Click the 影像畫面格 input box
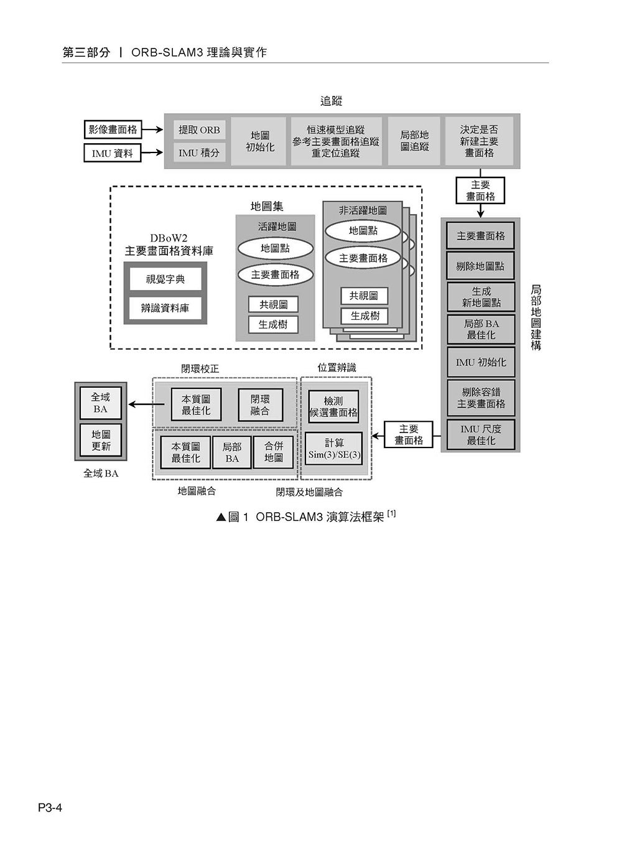113,129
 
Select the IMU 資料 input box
113,153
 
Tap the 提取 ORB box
199,130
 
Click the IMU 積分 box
199,152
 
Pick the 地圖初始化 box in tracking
260,141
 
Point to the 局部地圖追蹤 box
414,141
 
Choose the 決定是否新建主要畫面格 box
479,141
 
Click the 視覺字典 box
165,279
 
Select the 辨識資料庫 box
165,308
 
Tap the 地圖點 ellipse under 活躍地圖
275,249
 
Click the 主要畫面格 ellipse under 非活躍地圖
363,258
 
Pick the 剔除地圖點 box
480,266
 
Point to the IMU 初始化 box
481,362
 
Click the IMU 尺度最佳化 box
481,434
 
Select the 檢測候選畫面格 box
333,406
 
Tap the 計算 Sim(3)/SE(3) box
334,448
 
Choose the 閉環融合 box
261,405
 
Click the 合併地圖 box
273,452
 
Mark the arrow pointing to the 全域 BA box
147,405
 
